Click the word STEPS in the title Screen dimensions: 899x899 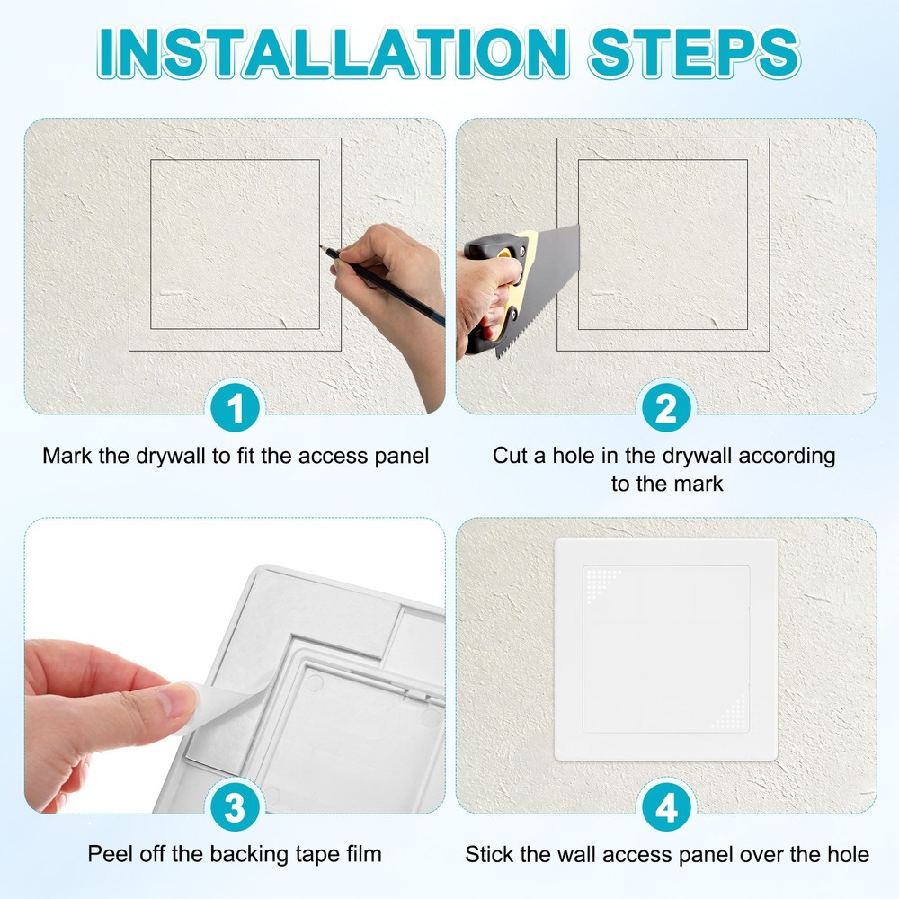(693, 53)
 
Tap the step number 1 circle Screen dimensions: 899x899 (235, 409)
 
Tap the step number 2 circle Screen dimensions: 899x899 (666, 409)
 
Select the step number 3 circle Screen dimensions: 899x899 (235, 808)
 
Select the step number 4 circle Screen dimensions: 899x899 (666, 808)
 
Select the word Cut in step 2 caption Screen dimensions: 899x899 (512, 456)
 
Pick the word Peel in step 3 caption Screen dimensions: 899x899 (106, 854)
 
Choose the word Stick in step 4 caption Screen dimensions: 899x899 (487, 854)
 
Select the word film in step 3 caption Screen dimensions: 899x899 (363, 854)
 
